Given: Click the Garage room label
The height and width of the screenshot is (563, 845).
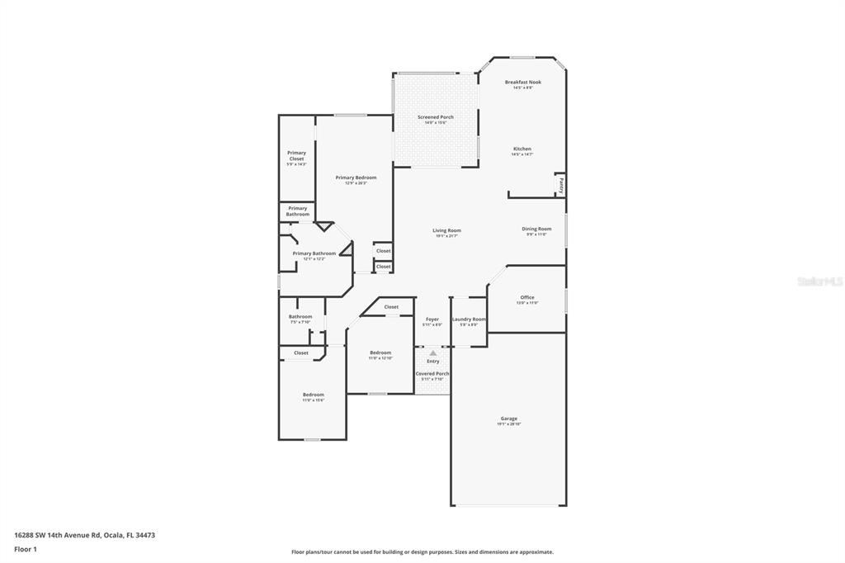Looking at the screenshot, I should [x=508, y=419].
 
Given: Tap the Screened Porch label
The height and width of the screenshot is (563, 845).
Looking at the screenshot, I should [x=435, y=117].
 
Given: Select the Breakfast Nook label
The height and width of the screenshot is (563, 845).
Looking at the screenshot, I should [x=522, y=83].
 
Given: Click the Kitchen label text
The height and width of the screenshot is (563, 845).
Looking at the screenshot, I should [x=522, y=149].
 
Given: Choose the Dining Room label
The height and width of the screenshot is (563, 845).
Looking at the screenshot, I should [x=536, y=229].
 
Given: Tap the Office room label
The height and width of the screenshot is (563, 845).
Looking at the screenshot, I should [x=527, y=297].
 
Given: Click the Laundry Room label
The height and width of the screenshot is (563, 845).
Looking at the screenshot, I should [x=469, y=319].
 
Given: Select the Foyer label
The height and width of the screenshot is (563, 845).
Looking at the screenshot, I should [x=432, y=319].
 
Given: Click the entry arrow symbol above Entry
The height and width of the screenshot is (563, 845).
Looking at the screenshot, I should [x=432, y=353].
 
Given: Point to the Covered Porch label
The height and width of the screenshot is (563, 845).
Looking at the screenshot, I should [x=432, y=374].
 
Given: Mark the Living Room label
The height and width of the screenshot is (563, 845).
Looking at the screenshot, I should [x=446, y=230].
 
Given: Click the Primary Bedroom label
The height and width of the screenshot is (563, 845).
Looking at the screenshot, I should [x=356, y=177].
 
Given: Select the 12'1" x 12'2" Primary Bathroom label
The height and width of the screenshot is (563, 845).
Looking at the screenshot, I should [x=314, y=253].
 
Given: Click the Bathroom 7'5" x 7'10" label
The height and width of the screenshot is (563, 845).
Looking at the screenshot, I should [x=300, y=317].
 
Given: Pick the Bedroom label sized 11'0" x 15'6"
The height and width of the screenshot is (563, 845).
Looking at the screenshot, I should [x=313, y=395].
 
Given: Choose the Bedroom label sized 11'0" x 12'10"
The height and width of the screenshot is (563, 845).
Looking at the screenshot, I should [x=380, y=352].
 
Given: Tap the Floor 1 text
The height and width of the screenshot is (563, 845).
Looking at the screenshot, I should [x=26, y=549].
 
